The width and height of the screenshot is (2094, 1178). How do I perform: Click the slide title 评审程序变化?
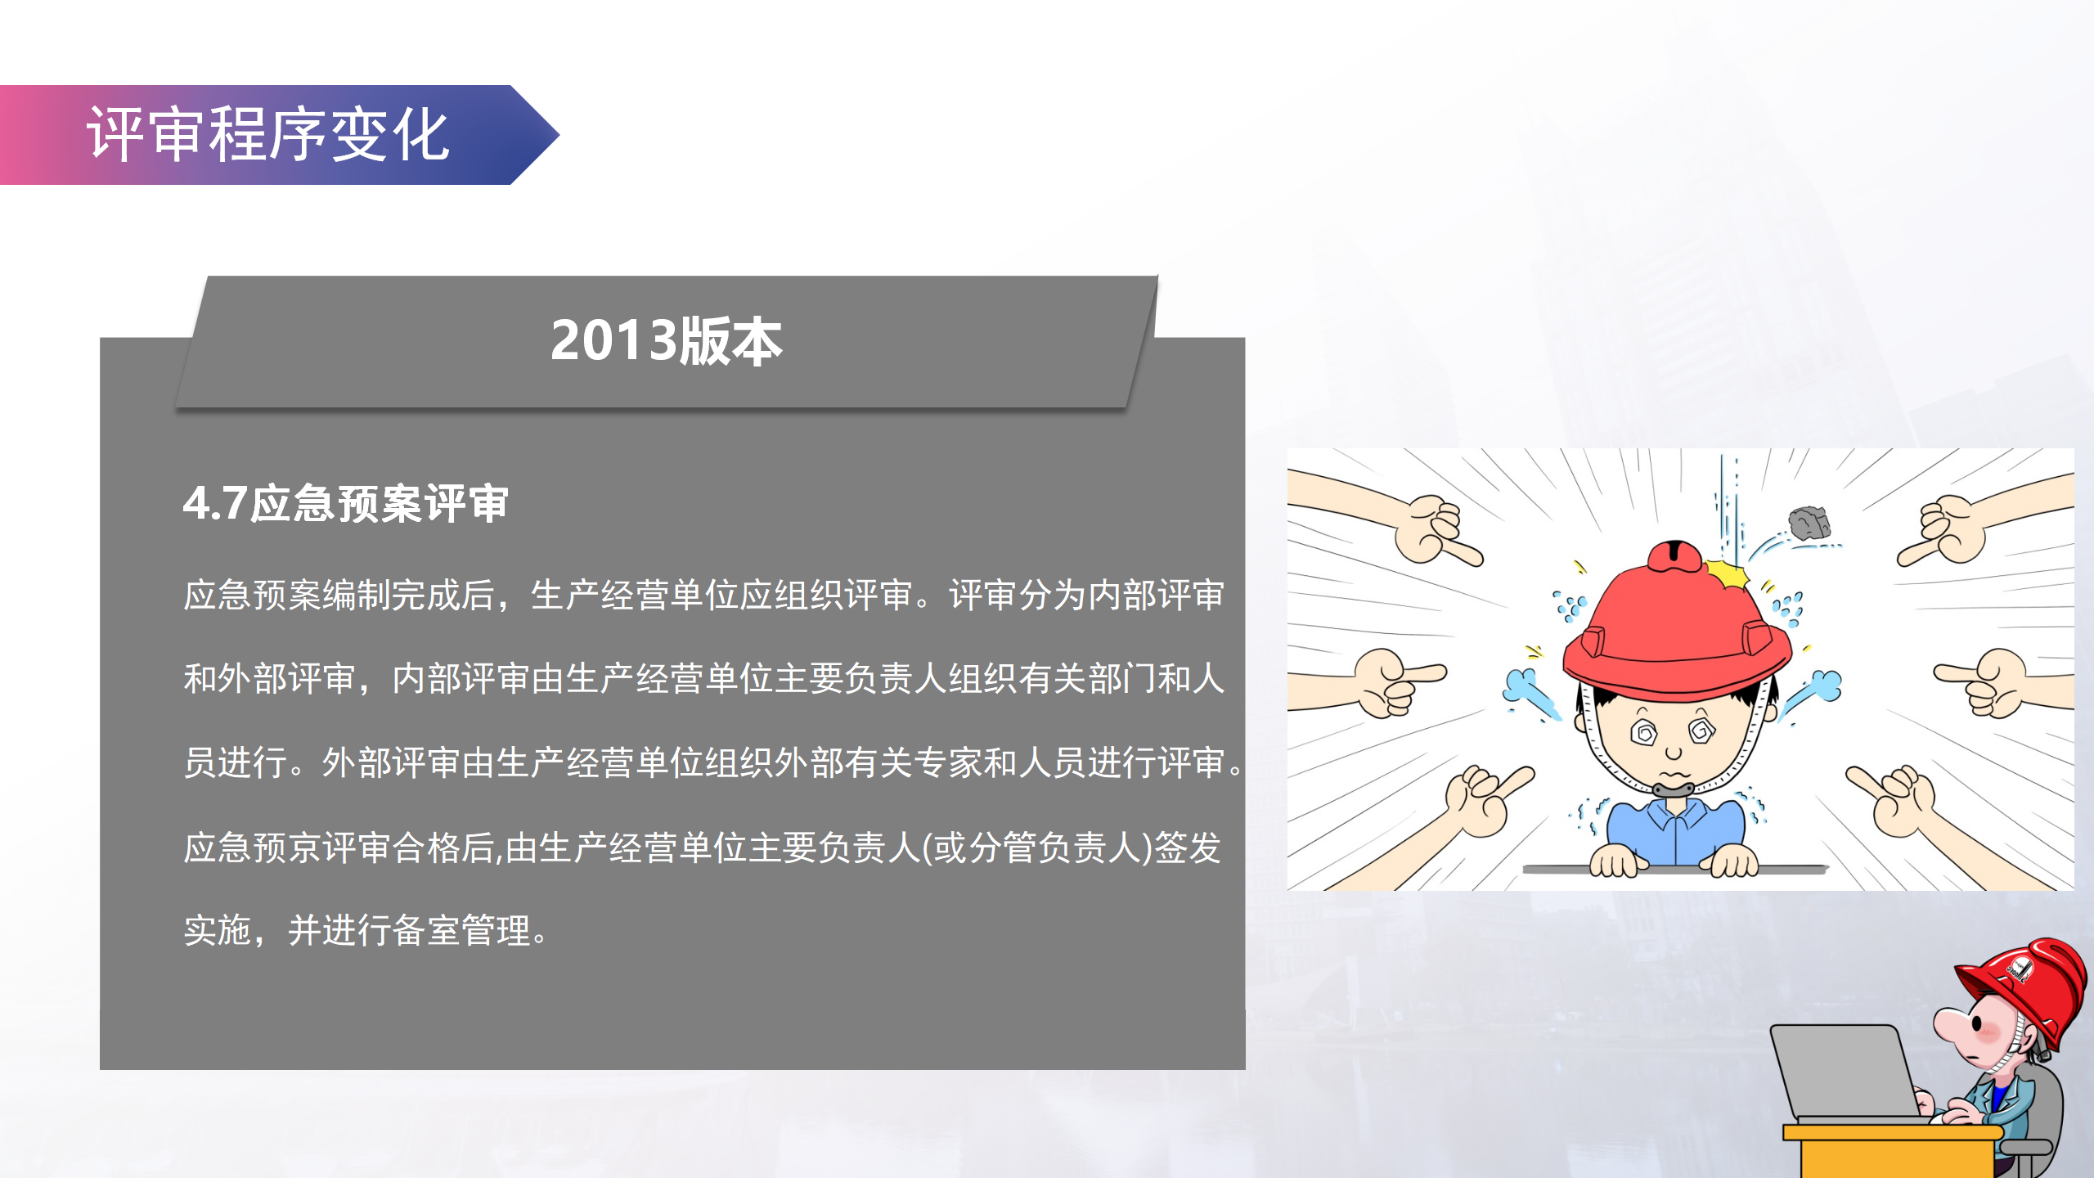point(268,134)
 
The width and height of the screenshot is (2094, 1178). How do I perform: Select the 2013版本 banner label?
point(666,341)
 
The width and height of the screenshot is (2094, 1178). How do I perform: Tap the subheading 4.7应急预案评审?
point(346,503)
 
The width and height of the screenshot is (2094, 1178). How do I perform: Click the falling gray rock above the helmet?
point(1809,522)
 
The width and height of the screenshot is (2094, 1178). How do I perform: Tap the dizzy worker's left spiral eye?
point(1645,732)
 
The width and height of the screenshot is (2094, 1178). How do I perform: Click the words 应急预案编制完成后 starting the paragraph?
point(339,595)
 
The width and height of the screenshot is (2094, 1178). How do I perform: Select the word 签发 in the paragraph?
point(1188,847)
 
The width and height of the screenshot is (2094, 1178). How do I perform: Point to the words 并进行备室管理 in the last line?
point(409,930)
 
